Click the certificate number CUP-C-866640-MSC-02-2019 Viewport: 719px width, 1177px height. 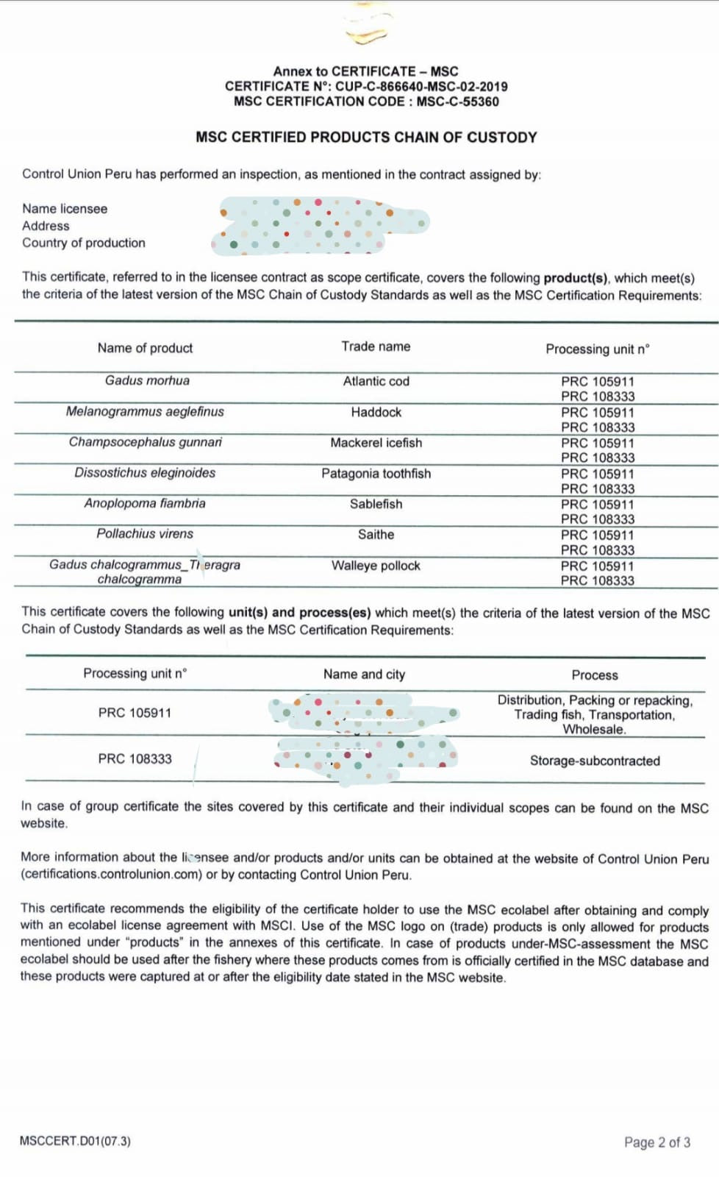coord(421,86)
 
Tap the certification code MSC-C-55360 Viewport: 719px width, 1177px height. coord(457,102)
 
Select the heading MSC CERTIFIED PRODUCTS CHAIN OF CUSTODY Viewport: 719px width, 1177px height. coord(366,137)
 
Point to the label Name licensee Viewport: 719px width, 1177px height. coord(65,209)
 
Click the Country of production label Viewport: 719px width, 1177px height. coord(84,243)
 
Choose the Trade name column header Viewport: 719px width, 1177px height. coord(376,346)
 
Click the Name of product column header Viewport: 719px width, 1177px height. coord(145,348)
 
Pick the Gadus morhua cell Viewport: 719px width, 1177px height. coord(147,380)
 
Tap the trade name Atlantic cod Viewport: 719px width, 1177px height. coord(376,381)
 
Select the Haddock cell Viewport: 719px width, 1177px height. coord(376,412)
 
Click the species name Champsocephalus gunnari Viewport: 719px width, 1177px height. coord(145,442)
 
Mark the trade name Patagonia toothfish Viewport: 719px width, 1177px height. coord(376,474)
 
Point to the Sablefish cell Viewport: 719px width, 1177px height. coord(376,504)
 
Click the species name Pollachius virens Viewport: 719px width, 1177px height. coord(145,534)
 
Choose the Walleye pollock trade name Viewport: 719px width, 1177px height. coord(376,566)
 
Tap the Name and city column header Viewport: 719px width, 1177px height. coord(364,675)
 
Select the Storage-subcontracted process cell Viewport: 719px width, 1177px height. coord(595,761)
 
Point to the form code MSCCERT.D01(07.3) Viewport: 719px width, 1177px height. coord(75,1141)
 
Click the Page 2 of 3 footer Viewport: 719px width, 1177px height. coord(657,1142)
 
